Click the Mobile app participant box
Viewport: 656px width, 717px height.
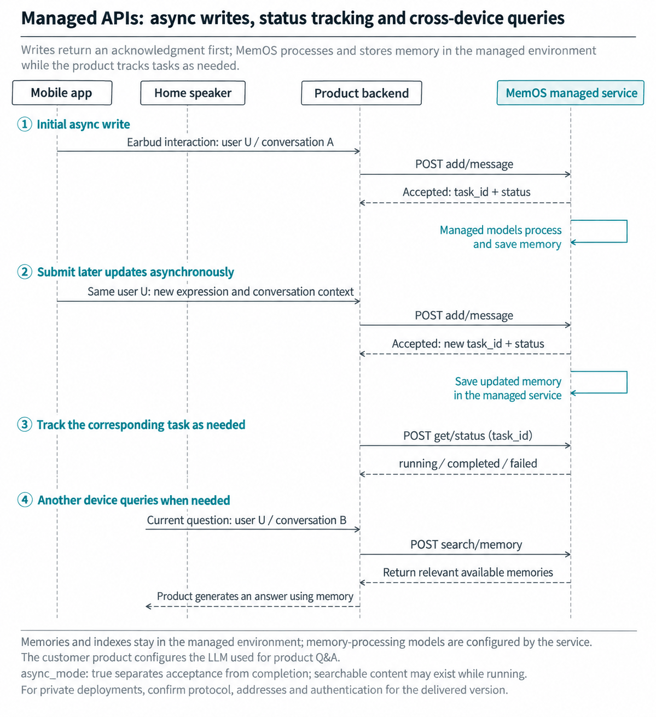coord(62,93)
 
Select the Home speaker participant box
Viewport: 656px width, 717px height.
coord(193,93)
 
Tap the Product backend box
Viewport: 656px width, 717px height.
coord(362,93)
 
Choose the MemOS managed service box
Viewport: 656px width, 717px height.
coord(571,93)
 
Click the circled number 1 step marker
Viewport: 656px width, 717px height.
coord(25,125)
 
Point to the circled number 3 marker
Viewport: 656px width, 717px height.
coord(25,425)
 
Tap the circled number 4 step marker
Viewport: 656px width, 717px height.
coord(25,499)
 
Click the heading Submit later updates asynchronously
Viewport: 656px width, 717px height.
coord(136,272)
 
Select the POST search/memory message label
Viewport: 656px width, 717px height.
coord(466,544)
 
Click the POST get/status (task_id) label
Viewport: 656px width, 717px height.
coord(468,436)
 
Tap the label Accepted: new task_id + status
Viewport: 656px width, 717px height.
coord(468,344)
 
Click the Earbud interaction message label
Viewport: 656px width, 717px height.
coord(230,142)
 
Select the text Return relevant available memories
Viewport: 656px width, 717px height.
coord(468,573)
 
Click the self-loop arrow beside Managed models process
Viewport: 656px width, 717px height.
coord(626,231)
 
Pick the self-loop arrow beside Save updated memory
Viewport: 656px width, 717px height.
coord(626,382)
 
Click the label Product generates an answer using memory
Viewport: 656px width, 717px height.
coord(255,596)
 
